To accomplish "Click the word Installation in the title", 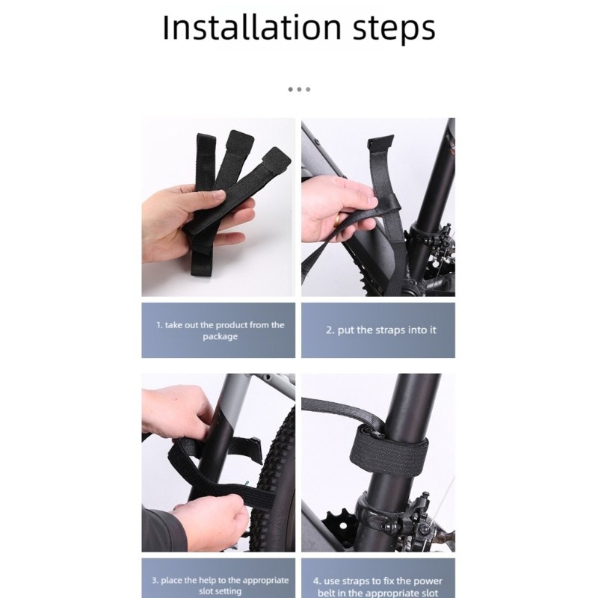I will (240, 28).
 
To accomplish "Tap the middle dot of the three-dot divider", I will (299, 89).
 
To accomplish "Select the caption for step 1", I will (220, 330).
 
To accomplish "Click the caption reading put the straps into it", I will (380, 330).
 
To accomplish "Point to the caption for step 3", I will (220, 585).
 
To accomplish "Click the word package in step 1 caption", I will (220, 336).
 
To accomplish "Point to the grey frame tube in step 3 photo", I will (235, 419).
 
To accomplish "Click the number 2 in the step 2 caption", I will (329, 330).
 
